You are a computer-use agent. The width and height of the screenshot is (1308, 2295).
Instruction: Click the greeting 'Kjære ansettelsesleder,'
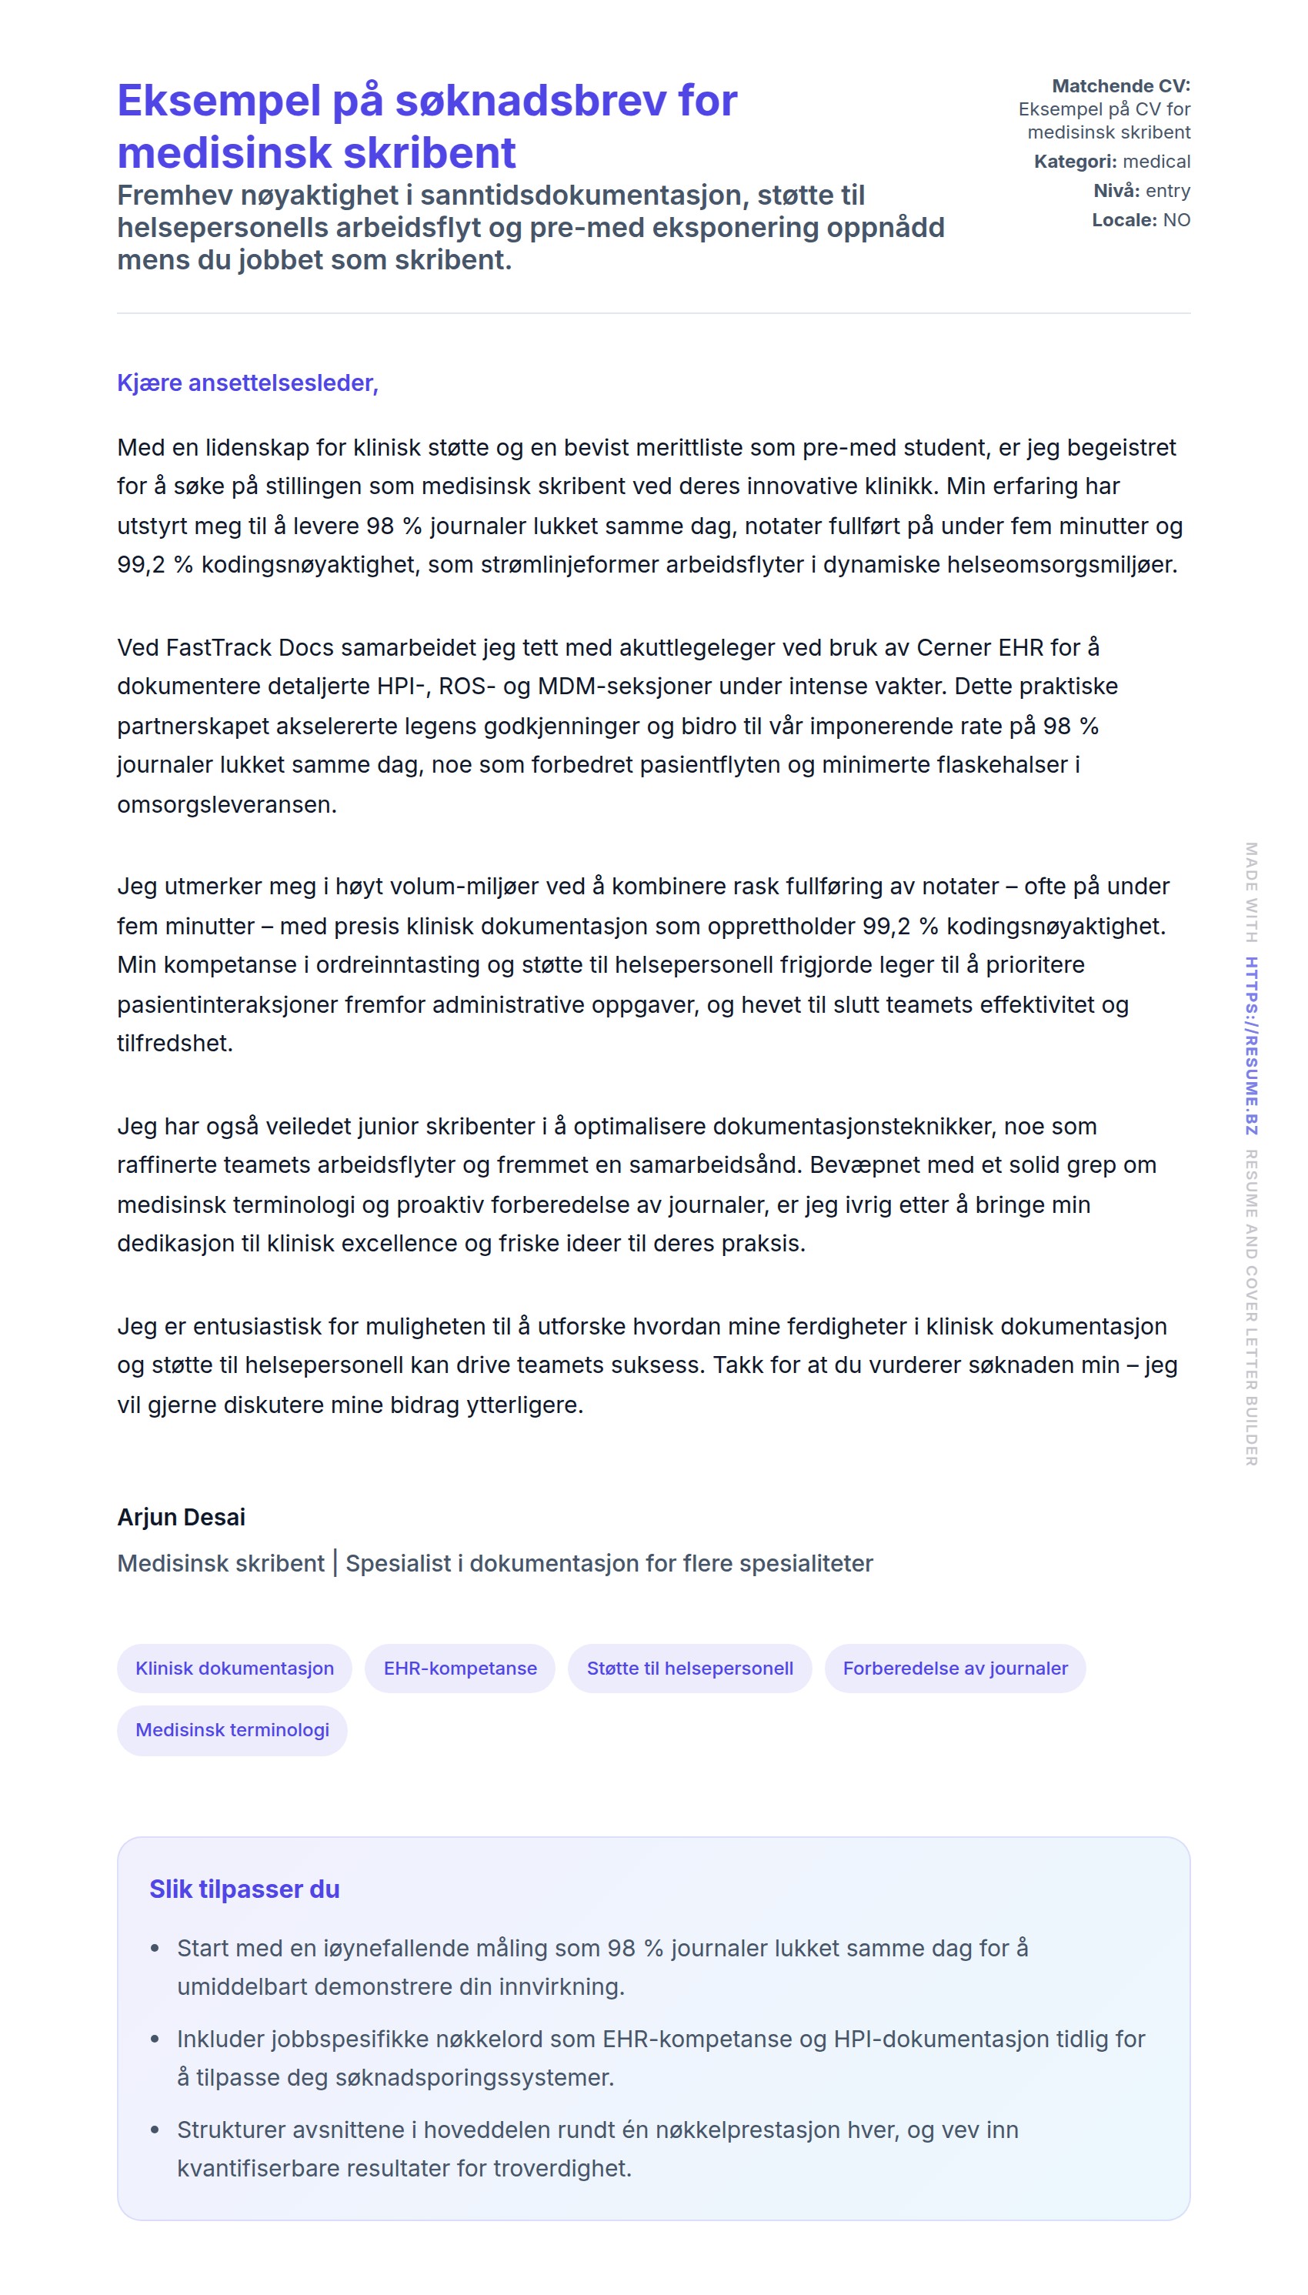247,382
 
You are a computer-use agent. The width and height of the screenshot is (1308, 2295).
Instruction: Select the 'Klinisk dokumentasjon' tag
235,1668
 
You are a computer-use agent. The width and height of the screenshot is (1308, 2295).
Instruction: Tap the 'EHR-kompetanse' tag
460,1668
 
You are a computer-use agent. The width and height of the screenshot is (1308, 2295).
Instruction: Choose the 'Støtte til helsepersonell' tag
690,1668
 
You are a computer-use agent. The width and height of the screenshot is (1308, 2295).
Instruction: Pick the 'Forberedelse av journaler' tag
955,1668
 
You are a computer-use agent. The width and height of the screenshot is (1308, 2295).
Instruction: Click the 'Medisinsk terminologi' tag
232,1730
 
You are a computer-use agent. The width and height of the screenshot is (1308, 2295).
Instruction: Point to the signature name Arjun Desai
182,1517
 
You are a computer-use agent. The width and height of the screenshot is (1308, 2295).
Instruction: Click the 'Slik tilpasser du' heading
245,1889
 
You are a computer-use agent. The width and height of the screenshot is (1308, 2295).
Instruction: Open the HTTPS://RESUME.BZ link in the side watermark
1250,1046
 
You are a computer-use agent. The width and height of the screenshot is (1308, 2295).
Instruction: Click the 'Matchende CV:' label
1120,86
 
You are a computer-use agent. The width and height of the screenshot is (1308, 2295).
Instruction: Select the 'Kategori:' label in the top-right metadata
1074,162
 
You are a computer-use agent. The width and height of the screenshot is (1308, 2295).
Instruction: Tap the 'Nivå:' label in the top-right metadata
1116,191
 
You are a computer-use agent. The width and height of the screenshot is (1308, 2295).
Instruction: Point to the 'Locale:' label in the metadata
1124,220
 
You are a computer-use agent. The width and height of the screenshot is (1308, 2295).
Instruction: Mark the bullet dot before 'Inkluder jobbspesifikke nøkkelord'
155,2039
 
